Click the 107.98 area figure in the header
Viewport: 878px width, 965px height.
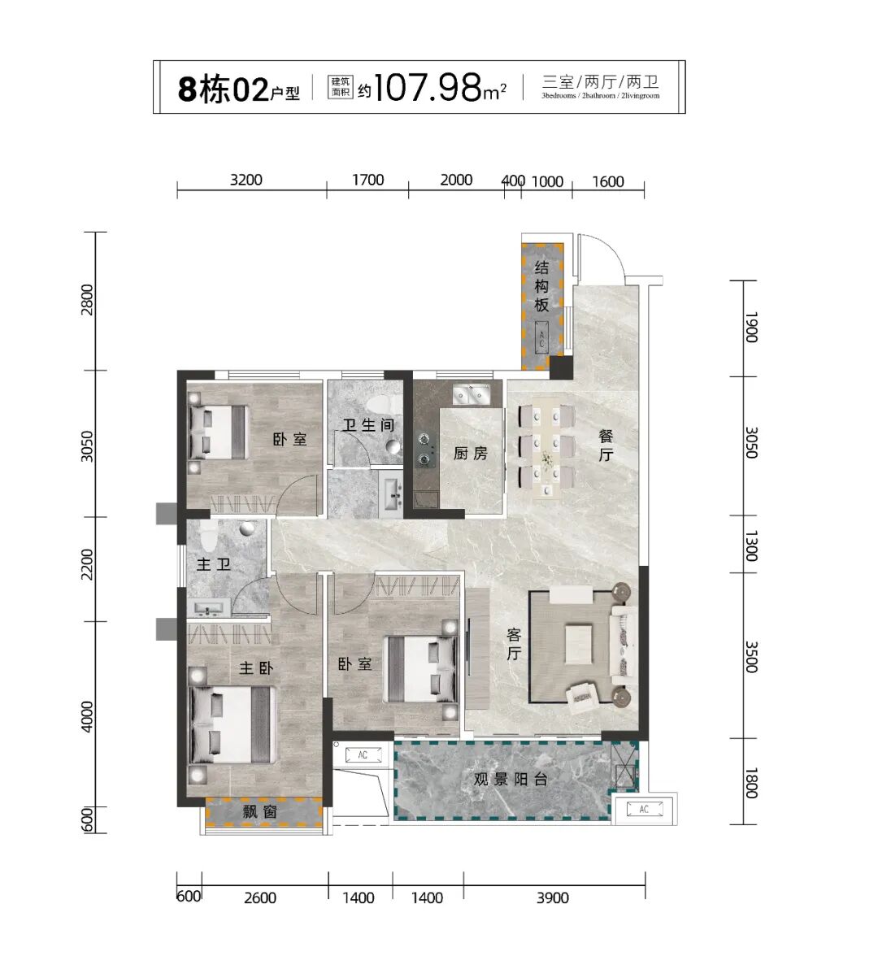click(428, 87)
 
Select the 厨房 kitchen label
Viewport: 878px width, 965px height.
click(471, 454)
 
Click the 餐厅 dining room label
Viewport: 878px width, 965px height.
click(606, 446)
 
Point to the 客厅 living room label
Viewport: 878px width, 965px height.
click(514, 644)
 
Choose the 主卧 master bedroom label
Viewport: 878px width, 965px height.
click(256, 667)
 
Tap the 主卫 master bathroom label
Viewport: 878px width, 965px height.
click(214, 563)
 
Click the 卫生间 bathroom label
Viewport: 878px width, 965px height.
click(368, 424)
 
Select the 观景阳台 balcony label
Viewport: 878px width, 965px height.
click(510, 779)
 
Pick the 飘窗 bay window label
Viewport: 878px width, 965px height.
click(259, 812)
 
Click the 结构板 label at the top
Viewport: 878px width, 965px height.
click(541, 286)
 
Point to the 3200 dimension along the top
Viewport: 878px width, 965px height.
click(246, 180)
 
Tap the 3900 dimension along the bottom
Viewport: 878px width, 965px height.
click(553, 898)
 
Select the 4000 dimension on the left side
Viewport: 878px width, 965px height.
click(87, 716)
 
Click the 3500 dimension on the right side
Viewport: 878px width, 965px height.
click(751, 657)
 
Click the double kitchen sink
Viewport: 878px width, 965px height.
click(472, 394)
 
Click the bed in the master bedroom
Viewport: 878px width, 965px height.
click(232, 724)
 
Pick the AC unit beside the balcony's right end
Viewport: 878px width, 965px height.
click(644, 809)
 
